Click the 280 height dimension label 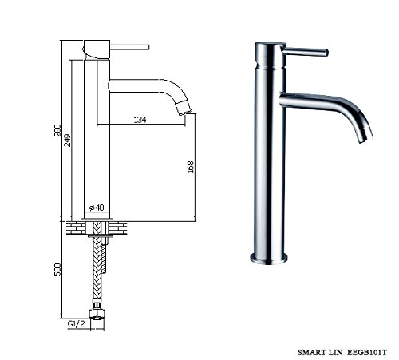click(x=57, y=130)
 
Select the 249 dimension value click(x=68, y=140)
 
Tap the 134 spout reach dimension click(x=140, y=120)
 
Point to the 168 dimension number click(x=191, y=167)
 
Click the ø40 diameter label click(x=97, y=208)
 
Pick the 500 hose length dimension click(x=57, y=270)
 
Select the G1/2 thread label click(x=77, y=324)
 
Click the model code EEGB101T click(x=367, y=353)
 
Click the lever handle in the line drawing click(x=129, y=47)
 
